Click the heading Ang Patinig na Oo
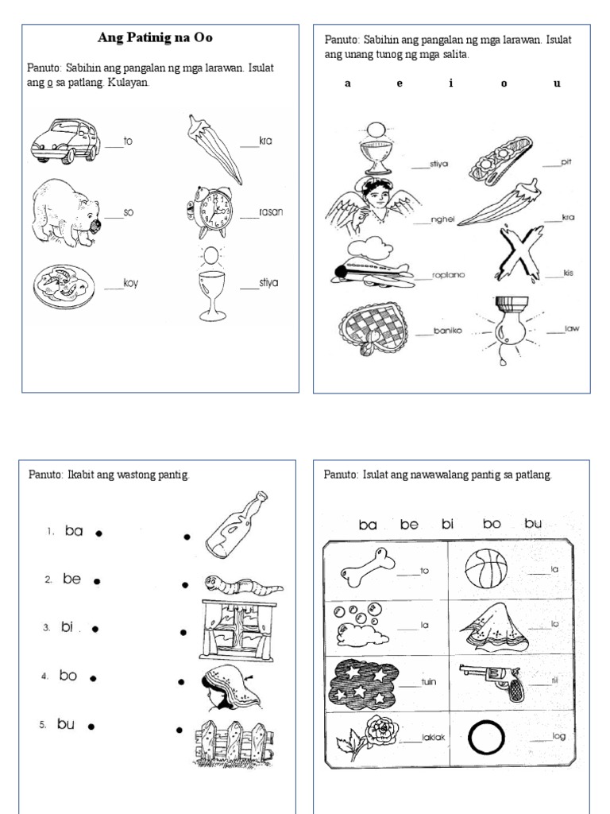[x=155, y=37]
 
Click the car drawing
[x=65, y=140]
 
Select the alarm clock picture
[x=212, y=211]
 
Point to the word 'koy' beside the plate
[x=130, y=283]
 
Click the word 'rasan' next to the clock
[x=270, y=212]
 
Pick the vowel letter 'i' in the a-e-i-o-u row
[x=450, y=83]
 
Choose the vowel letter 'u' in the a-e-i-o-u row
[x=557, y=83]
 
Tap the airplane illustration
[x=373, y=266]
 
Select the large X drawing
[x=517, y=254]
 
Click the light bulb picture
[x=507, y=327]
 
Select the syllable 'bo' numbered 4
[x=68, y=676]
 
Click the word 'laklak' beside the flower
[x=434, y=738]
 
